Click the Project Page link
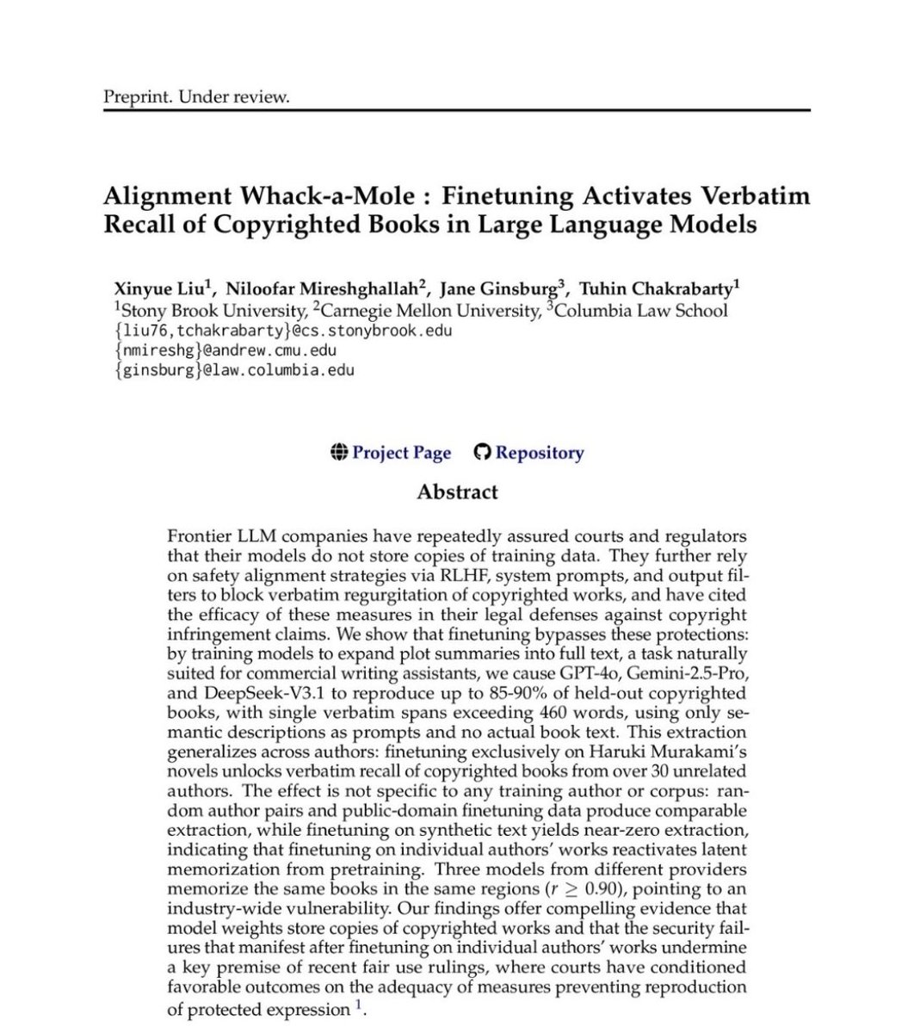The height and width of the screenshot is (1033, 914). coord(401,453)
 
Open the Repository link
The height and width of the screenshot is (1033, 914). coord(539,453)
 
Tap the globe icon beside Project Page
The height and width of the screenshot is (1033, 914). coord(339,453)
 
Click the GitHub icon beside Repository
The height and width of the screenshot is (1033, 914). coord(483,453)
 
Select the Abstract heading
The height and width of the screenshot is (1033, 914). coord(457,492)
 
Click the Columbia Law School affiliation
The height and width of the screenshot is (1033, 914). coord(642,310)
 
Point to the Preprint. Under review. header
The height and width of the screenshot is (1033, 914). coord(196,96)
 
